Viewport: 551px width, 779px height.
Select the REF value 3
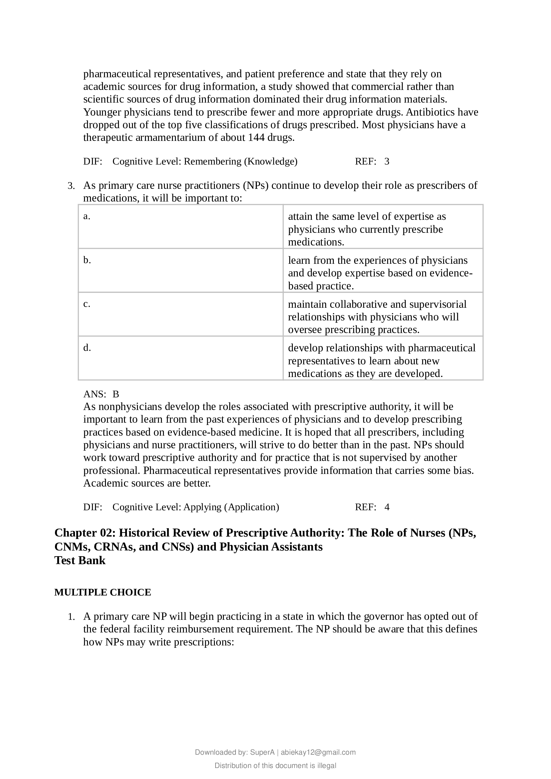pos(387,162)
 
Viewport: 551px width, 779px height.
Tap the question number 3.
pos(71,186)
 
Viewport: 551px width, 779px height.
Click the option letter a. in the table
pos(87,216)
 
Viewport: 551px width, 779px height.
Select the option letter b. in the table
pos(87,260)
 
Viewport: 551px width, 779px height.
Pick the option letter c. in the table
pos(87,304)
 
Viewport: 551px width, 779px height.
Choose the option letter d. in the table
pos(87,348)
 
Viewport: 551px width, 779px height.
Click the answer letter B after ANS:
pos(116,394)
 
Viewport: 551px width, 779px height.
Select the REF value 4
pos(387,507)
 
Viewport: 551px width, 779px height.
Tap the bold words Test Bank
pos(80,560)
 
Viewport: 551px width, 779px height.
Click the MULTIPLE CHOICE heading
pos(103,592)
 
